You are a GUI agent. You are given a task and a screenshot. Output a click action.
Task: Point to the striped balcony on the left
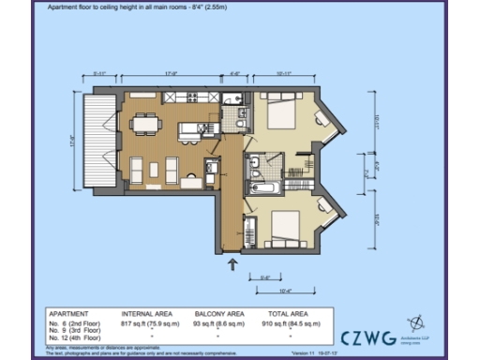tap(97, 141)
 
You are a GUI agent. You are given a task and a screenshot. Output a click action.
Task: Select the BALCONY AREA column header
tap(220, 313)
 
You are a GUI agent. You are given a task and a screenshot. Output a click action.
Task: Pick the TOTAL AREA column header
tap(292, 313)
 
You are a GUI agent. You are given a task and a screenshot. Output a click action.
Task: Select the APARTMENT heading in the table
tap(69, 313)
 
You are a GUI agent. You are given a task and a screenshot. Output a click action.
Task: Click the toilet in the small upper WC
tap(240, 120)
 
